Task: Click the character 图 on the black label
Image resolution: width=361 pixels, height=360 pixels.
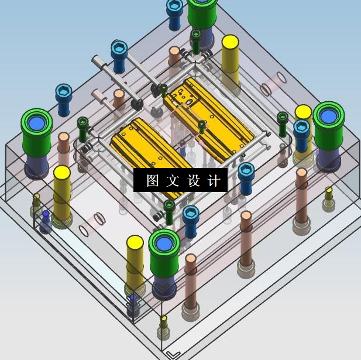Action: click(153, 180)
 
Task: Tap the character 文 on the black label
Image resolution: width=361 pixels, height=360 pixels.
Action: click(173, 180)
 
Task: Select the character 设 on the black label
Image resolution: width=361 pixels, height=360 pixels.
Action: click(194, 180)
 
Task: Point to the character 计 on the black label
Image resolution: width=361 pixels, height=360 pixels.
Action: click(214, 180)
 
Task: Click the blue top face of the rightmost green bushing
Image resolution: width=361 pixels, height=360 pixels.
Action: click(328, 116)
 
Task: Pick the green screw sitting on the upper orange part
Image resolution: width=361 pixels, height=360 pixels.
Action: click(202, 127)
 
